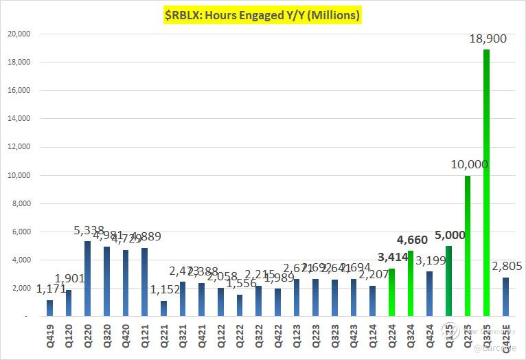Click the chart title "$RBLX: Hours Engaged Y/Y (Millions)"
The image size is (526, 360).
coord(262,14)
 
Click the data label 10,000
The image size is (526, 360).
coord(469,165)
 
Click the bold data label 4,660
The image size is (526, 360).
coord(412,240)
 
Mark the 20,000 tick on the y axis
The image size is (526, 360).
coord(19,34)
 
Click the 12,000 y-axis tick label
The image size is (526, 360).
coord(19,147)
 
